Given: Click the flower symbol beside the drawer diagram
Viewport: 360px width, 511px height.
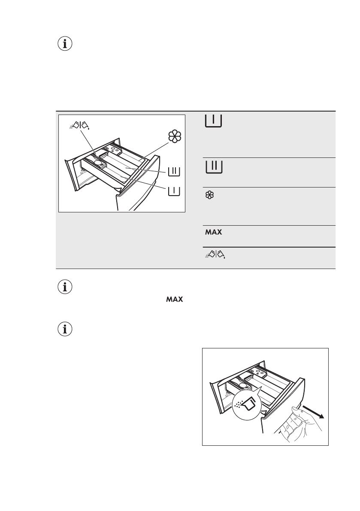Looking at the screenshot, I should tap(175, 136).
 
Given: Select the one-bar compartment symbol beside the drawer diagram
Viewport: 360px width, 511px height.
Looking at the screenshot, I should tap(174, 190).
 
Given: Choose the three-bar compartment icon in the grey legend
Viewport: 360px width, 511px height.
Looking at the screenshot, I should tap(213, 166).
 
